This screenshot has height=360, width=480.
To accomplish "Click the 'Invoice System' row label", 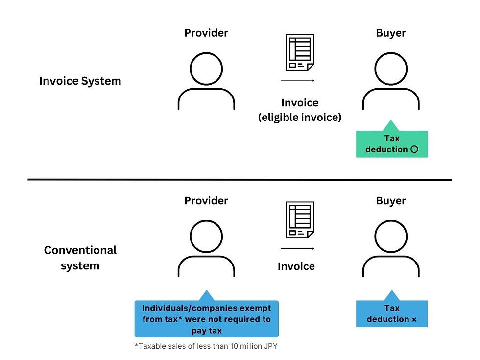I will coord(80,81).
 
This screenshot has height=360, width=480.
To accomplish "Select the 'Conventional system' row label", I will coord(80,258).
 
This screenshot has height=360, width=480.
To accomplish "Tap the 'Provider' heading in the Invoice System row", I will coord(206,33).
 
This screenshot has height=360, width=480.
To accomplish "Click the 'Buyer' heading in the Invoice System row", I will coord(391,33).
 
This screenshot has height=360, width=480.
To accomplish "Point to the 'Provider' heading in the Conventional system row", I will coord(206,201).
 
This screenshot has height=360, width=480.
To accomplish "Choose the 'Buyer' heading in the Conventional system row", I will coord(391,201).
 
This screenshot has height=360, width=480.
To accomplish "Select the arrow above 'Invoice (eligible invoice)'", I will coord(297,80).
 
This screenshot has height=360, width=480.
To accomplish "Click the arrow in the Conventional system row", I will coord(297,248).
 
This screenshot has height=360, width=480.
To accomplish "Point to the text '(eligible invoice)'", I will coord(300,118).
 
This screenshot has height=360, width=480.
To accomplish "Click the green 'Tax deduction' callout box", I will coord(392,144).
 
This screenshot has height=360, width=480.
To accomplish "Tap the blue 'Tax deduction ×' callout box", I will coord(392,313).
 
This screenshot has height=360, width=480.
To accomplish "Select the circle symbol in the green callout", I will coord(414,149).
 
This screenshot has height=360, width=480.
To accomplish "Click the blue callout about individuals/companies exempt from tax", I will coord(206,319).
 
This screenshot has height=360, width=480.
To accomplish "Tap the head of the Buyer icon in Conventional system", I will coord(391,236).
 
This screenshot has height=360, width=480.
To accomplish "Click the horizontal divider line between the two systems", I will coord(240,180).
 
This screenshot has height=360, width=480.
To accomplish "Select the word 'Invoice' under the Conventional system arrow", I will coord(296,266).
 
